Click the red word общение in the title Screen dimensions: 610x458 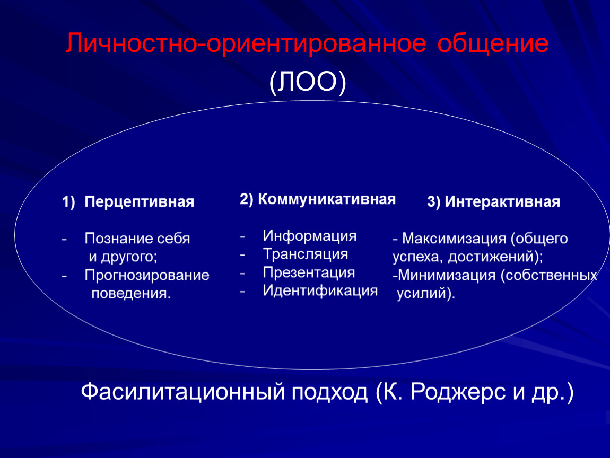tap(493, 43)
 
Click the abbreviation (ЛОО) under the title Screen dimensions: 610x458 tap(307, 82)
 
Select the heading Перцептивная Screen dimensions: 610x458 tap(140, 202)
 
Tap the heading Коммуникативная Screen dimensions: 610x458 tap(327, 199)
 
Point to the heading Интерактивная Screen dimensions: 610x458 tap(502, 202)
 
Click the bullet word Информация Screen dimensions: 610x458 tap(310, 235)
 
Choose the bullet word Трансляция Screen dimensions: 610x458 tap(306, 254)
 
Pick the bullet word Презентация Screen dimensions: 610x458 tap(309, 272)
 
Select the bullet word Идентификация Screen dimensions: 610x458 tap(320, 291)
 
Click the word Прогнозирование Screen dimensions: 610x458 tap(147, 275)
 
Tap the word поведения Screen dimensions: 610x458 tap(130, 293)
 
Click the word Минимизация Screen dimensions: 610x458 tap(447, 275)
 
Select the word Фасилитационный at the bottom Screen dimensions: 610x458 tap(183, 392)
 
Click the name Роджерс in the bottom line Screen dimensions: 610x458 tap(458, 392)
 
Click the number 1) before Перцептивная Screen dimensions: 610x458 tap(68, 202)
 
